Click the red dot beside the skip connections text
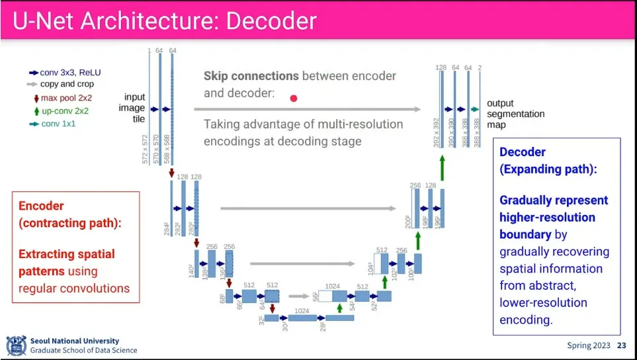click(294, 98)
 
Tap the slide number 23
click(621, 345)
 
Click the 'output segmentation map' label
click(506, 114)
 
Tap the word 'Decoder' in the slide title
click(271, 21)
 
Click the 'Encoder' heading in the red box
click(41, 206)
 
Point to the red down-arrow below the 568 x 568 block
click(172, 173)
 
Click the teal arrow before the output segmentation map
click(475, 109)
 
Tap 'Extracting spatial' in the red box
click(67, 254)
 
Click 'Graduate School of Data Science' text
click(84, 351)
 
